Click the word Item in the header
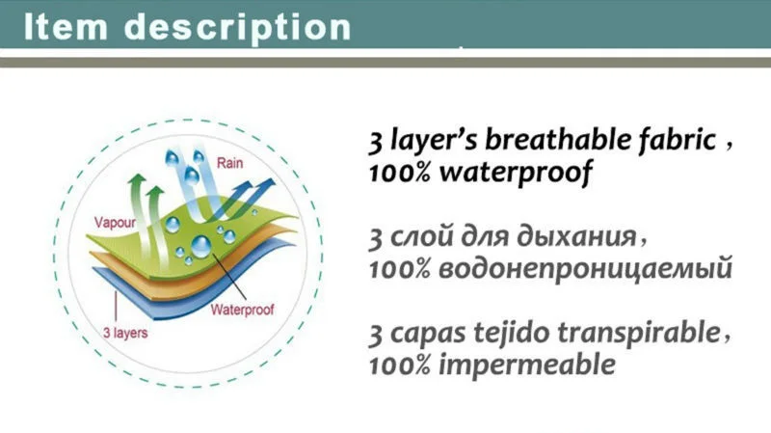click(66, 27)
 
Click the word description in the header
click(237, 29)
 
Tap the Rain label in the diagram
click(229, 163)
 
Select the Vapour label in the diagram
click(115, 223)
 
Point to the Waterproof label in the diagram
click(242, 310)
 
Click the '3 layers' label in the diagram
click(125, 333)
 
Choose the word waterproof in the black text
click(516, 174)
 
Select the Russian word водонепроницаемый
click(585, 269)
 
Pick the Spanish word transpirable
click(638, 333)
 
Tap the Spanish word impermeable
click(526, 365)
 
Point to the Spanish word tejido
click(512, 334)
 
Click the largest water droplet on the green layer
click(200, 245)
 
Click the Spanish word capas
click(428, 335)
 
